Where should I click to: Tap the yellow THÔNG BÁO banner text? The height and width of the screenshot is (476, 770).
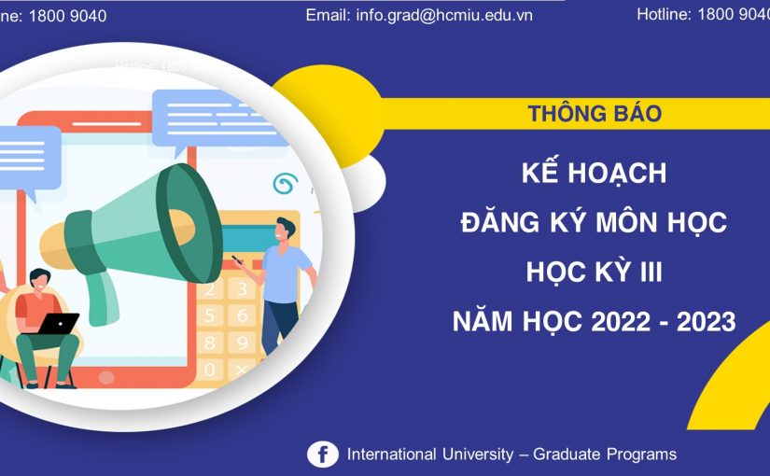coord(595,114)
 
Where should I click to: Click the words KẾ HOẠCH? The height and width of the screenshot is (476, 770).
coord(595,174)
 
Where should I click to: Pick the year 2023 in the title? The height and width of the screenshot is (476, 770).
coord(703,322)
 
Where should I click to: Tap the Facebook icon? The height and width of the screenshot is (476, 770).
coord(323,455)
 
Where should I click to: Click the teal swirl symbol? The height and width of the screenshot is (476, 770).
coord(284,183)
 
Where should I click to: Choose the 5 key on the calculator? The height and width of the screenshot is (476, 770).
coord(212,315)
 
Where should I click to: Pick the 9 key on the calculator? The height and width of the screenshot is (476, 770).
coord(241,343)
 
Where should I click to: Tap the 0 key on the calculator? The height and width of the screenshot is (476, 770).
coord(211,371)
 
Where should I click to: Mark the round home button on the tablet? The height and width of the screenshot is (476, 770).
coord(106,377)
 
